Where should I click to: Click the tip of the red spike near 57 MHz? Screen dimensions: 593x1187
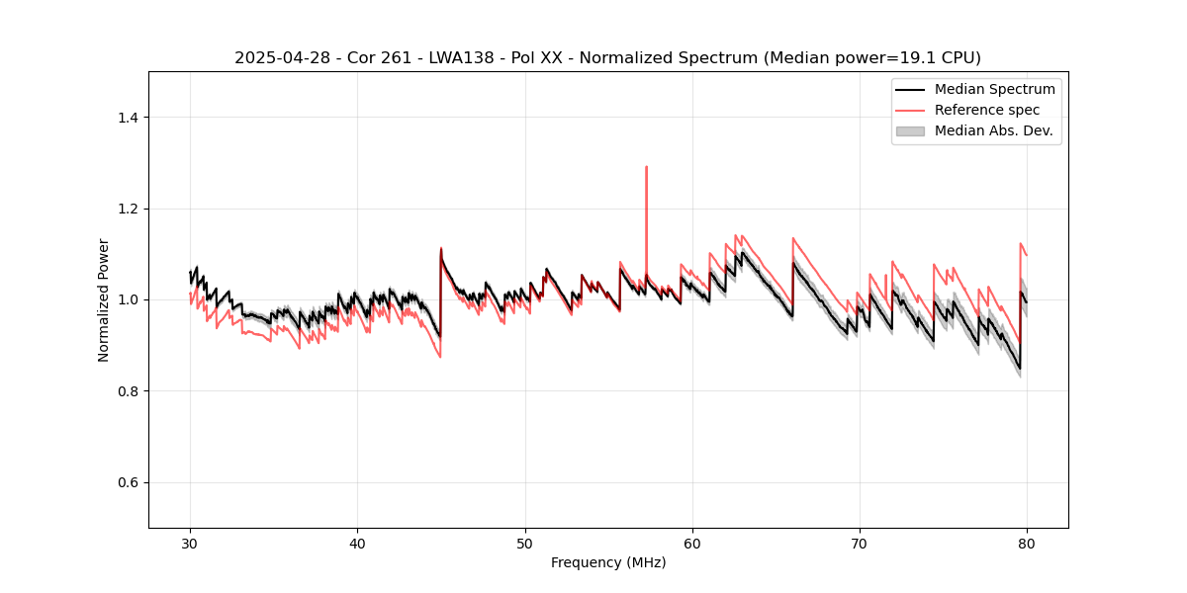tap(646, 167)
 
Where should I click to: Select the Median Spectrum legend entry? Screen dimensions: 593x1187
tap(994, 89)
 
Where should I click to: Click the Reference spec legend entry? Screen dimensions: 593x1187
tap(986, 110)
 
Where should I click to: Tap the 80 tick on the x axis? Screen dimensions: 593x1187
tap(1027, 529)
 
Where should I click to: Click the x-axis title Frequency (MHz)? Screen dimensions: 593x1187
tap(608, 562)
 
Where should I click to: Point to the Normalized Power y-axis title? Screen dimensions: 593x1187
tap(104, 299)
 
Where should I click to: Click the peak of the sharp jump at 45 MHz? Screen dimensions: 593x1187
tap(441, 248)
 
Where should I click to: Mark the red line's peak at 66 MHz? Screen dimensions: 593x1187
tap(793, 238)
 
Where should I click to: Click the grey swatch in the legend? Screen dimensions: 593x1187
tap(910, 130)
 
